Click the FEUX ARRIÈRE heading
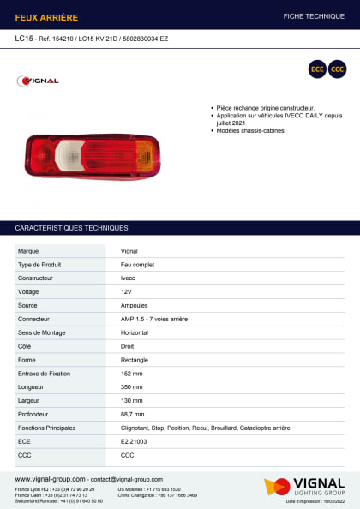pyautogui.click(x=46, y=16)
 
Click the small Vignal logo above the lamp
pyautogui.click(x=39, y=81)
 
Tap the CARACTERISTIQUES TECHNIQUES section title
pyautogui.click(x=71, y=228)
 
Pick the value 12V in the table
pyautogui.click(x=127, y=291)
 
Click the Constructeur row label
pyautogui.click(x=36, y=278)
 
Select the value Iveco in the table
pyautogui.click(x=128, y=278)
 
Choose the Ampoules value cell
pyautogui.click(x=134, y=305)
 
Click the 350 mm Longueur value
pyautogui.click(x=132, y=387)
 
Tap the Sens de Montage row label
pyautogui.click(x=42, y=332)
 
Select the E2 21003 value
pyautogui.click(x=134, y=440)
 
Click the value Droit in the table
pyautogui.click(x=128, y=346)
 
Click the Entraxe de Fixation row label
pyautogui.click(x=45, y=374)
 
